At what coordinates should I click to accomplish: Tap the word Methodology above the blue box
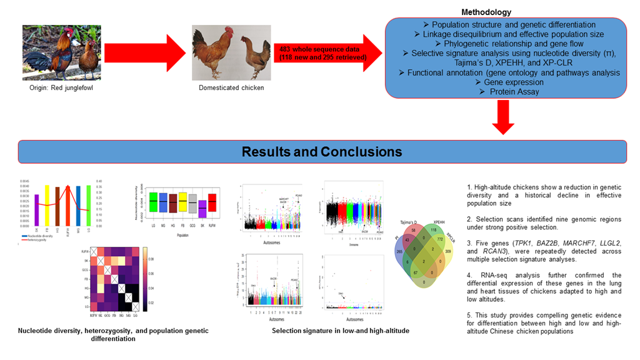[x=486, y=12]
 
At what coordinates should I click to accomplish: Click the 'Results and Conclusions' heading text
[x=322, y=152]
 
